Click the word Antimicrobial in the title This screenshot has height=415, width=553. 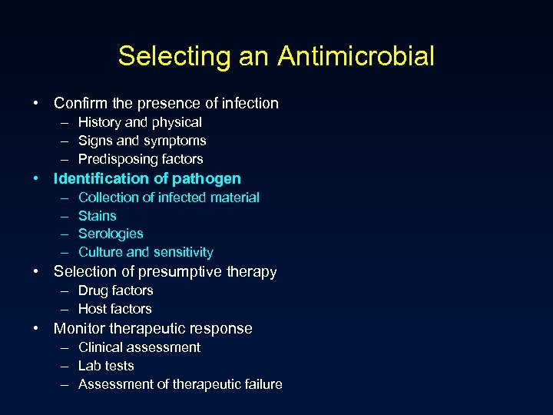[356, 56]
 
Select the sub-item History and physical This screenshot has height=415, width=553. [140, 122]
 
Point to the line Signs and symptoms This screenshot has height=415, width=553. [142, 141]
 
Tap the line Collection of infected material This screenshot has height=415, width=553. [168, 198]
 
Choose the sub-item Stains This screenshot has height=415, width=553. [98, 216]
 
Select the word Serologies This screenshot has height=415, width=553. [111, 234]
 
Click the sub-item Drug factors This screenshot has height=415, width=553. [115, 290]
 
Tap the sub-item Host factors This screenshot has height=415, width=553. [114, 309]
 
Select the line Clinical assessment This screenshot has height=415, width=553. [139, 347]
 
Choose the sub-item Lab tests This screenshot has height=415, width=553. [106, 366]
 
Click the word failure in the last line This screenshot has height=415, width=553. [259, 384]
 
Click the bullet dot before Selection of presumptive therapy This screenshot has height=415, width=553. [36, 271]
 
